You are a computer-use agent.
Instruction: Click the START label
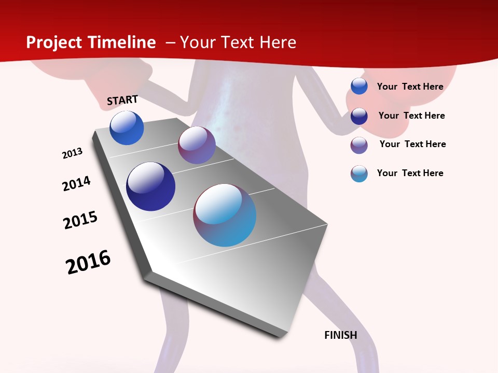tap(122, 100)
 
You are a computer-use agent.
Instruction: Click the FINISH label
tap(341, 335)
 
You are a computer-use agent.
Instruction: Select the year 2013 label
tap(72, 153)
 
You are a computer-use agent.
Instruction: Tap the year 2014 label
tap(76, 183)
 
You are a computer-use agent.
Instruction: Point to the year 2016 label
tap(88, 262)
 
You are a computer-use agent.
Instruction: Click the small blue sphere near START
tap(127, 128)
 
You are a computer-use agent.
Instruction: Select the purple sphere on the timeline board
tap(197, 145)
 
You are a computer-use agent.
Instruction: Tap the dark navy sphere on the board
tap(150, 187)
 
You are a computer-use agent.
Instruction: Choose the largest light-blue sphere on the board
tap(225, 215)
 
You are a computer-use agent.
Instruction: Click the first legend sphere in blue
tap(359, 86)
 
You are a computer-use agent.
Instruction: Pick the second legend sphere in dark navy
tap(359, 116)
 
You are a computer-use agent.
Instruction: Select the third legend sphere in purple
tap(359, 145)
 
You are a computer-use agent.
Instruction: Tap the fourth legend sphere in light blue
tap(359, 174)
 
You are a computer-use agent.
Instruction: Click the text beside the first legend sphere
tap(410, 87)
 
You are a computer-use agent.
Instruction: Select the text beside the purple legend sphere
tap(412, 144)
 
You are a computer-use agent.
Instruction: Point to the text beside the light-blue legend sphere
tap(410, 173)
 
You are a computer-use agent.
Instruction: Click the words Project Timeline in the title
tap(91, 42)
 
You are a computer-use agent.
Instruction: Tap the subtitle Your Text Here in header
tap(238, 42)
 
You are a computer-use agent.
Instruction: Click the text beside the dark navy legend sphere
tap(411, 116)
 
